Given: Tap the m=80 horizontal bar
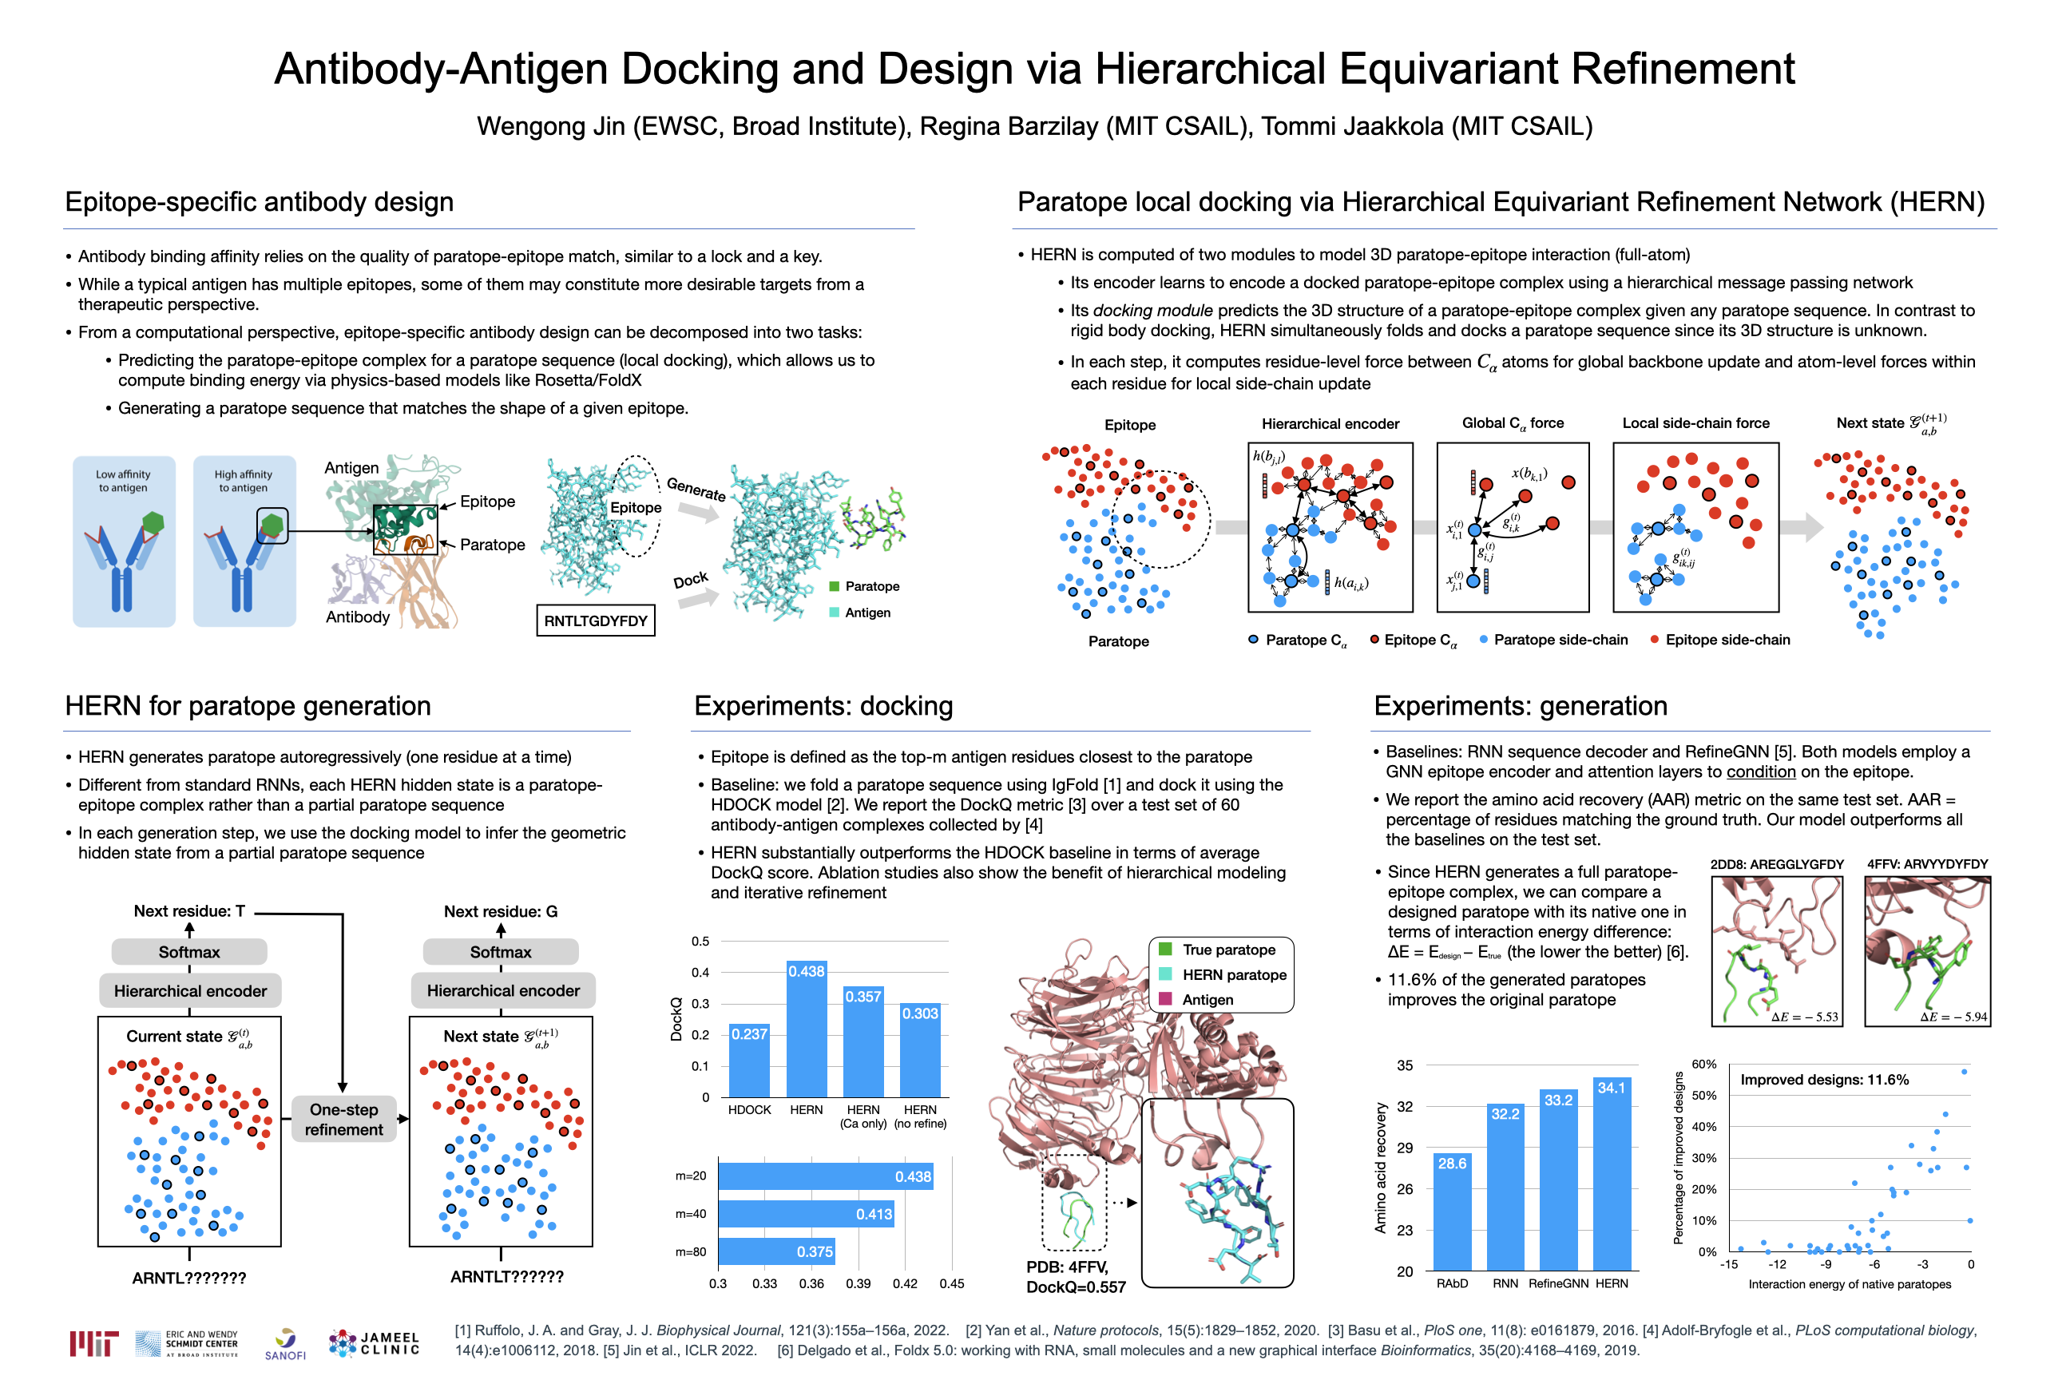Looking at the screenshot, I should pos(776,1251).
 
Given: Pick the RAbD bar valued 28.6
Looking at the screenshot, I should pos(1451,1211).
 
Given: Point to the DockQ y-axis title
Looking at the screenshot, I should pos(676,1019).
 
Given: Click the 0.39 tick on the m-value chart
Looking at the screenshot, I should pos(858,1283).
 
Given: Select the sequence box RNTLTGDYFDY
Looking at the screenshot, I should pos(595,621).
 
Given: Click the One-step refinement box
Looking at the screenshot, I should pos(343,1120).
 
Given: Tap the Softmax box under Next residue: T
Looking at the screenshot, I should pos(189,951).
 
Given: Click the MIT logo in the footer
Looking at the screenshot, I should pos(93,1343).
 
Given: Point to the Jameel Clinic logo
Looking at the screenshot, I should pos(374,1343).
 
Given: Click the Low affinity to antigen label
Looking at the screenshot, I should pos(123,481).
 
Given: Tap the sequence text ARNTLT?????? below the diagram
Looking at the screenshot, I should pos(507,1276).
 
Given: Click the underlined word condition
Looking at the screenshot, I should pos(1760,771).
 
